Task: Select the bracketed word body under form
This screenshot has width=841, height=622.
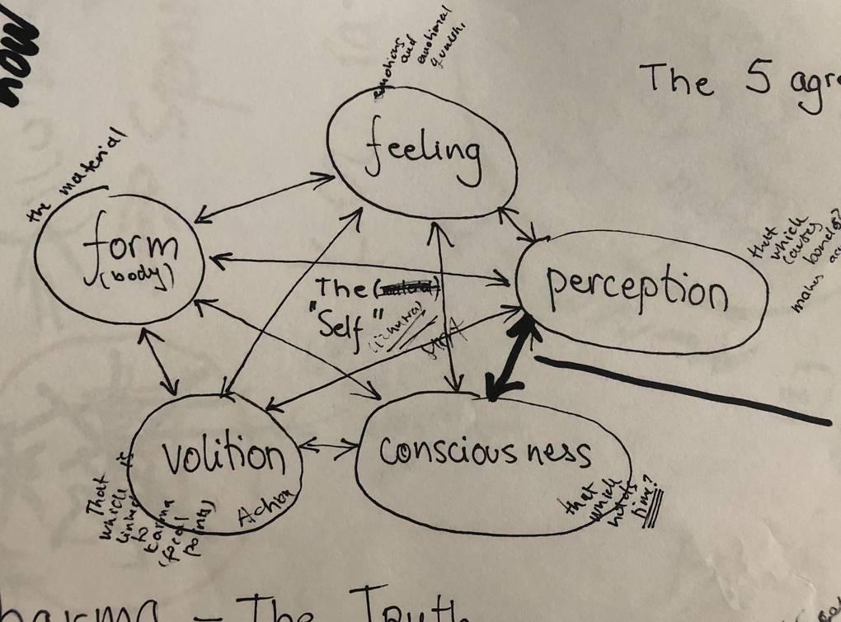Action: tap(134, 276)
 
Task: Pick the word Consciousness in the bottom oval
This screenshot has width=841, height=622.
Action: tap(485, 451)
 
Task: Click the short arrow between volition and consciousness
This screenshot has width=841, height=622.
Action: tap(329, 448)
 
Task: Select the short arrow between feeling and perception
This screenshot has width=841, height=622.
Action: tap(520, 223)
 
